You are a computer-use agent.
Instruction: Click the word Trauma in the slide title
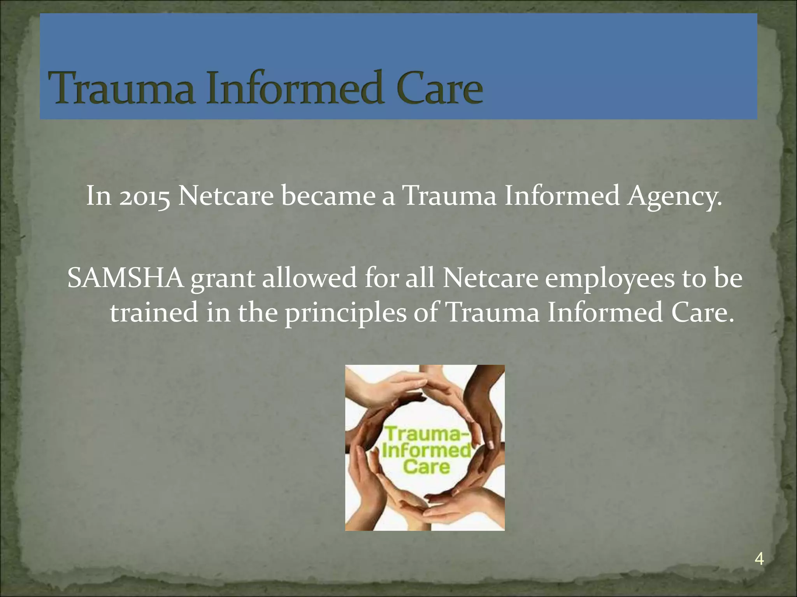[124, 88]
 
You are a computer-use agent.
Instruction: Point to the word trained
[154, 312]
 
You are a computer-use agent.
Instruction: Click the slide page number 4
[759, 559]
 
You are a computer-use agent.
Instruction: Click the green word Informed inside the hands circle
[427, 450]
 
